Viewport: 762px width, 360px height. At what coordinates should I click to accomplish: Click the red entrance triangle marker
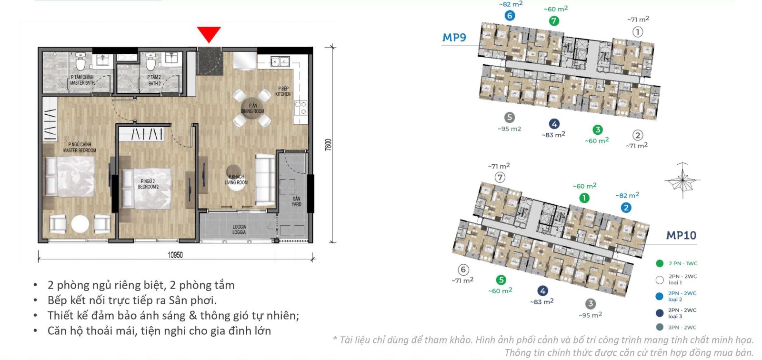(209, 34)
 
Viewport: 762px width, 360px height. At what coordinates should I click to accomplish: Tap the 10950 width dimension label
(175, 255)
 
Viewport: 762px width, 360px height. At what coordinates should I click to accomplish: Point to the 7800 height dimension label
(328, 145)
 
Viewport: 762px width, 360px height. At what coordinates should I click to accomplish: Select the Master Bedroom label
(80, 147)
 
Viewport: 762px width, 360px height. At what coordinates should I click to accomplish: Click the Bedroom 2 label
(148, 184)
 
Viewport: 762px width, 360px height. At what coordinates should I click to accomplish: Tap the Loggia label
(239, 230)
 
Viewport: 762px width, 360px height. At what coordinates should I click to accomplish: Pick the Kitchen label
(283, 91)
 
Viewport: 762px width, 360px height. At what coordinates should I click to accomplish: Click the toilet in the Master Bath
(80, 61)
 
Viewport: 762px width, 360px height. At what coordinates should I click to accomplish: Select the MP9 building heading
(454, 38)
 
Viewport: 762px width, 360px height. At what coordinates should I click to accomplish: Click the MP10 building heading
(681, 235)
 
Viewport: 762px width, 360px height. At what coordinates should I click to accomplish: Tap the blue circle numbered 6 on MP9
(510, 16)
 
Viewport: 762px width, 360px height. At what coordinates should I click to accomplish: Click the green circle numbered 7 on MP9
(553, 21)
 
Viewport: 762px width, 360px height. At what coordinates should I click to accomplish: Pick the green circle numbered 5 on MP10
(501, 280)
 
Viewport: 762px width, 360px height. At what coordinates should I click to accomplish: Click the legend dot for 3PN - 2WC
(660, 327)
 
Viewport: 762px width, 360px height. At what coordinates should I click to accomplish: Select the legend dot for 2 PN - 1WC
(660, 263)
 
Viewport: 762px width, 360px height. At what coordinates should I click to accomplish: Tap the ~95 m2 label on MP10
(590, 315)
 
